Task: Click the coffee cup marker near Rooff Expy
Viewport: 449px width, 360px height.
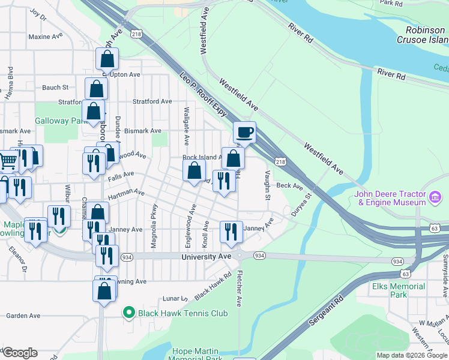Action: coord(244,132)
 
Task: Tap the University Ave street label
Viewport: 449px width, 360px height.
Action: coord(206,256)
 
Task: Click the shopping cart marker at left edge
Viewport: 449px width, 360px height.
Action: coord(7,160)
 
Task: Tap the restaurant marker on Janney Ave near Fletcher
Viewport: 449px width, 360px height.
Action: coord(231,232)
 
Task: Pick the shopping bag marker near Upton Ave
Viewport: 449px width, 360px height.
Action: coord(107,59)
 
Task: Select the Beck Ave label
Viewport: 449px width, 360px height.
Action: coord(289,186)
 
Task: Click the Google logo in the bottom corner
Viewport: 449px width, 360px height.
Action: coord(20,353)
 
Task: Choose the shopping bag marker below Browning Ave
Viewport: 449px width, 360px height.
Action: coord(104,291)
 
